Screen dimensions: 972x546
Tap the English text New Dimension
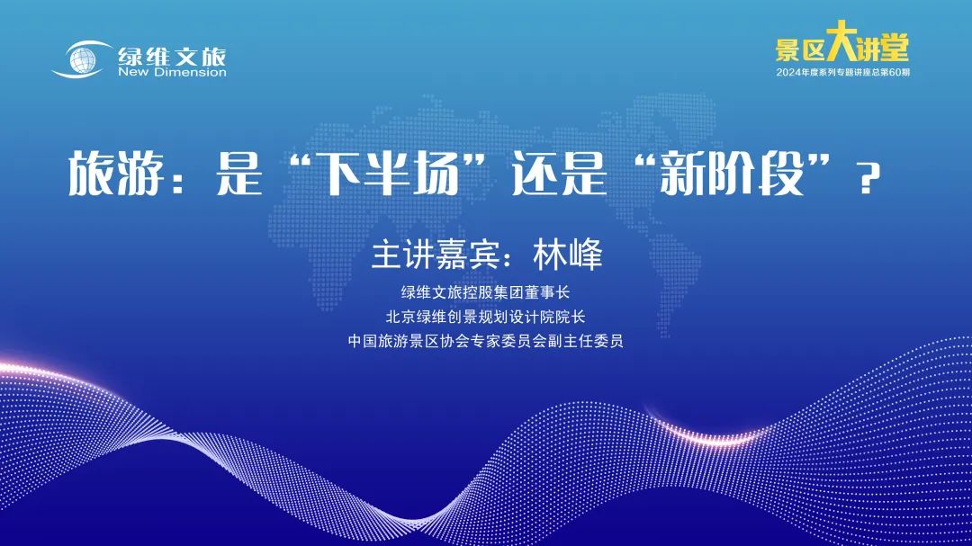[x=172, y=73]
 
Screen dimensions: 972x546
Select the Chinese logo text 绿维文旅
[x=172, y=57]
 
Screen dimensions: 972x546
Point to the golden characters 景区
[x=800, y=49]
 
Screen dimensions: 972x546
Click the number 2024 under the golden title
[x=788, y=73]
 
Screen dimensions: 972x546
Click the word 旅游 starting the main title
[x=116, y=174]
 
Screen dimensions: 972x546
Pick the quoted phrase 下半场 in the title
[x=391, y=174]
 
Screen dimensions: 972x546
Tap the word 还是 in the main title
[x=559, y=174]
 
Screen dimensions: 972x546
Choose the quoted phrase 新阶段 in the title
[x=732, y=174]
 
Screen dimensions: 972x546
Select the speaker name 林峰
[x=568, y=254]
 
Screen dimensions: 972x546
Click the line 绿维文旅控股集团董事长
[x=485, y=292]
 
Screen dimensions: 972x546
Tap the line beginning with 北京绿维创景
[x=485, y=317]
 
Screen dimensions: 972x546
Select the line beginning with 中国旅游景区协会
[x=485, y=341]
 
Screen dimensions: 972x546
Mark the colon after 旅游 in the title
[x=179, y=178]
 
